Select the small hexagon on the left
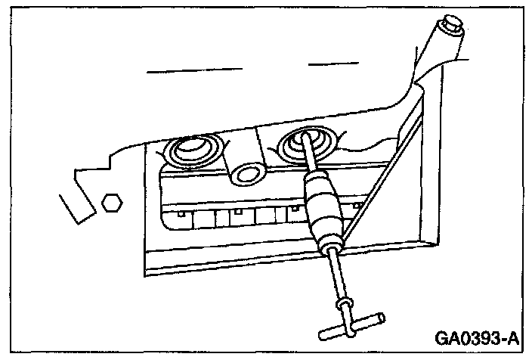pos(112,202)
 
